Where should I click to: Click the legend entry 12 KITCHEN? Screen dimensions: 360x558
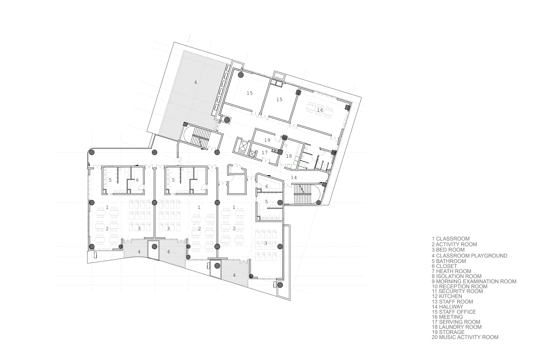447,296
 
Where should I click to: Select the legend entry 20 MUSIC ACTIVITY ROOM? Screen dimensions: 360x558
465,337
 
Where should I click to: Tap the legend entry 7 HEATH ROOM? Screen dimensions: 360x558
451,271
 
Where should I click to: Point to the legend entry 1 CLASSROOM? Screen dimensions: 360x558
451,239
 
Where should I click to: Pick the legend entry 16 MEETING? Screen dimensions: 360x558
447,317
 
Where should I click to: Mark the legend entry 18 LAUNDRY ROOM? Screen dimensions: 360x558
456,327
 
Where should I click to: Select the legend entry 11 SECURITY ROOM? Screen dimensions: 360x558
457,291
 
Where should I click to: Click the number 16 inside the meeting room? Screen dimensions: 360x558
320,110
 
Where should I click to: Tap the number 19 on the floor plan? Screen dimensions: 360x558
267,140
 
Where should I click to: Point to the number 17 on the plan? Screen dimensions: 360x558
264,152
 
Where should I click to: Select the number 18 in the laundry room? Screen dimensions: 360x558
289,156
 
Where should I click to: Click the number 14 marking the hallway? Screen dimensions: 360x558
294,177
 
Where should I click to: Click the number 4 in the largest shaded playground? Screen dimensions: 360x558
196,82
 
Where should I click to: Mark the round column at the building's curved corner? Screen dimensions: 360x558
92,152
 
